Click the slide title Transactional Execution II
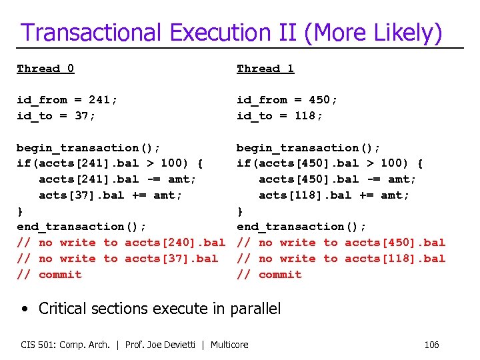(231, 32)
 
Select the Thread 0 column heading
(45, 68)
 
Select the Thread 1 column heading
(265, 68)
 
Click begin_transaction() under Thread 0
(88, 148)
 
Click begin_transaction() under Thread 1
(309, 148)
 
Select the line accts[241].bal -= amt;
(117, 179)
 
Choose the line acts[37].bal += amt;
(110, 195)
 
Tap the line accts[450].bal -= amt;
(337, 179)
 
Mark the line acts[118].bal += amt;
(334, 195)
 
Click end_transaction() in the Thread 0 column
(81, 227)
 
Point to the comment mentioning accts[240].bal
(121, 243)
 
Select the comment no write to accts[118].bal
(341, 259)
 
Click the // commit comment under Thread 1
(269, 275)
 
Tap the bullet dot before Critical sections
(24, 309)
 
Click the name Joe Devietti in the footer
(178, 345)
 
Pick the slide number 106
(431, 345)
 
